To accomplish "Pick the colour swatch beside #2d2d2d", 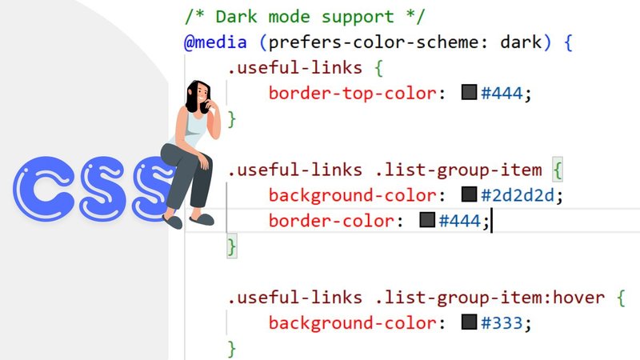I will (x=469, y=194).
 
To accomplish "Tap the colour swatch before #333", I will (x=469, y=323).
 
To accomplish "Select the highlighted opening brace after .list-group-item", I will (x=558, y=170).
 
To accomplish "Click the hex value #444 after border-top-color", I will (x=501, y=93).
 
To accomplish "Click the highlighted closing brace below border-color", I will (x=232, y=246).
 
